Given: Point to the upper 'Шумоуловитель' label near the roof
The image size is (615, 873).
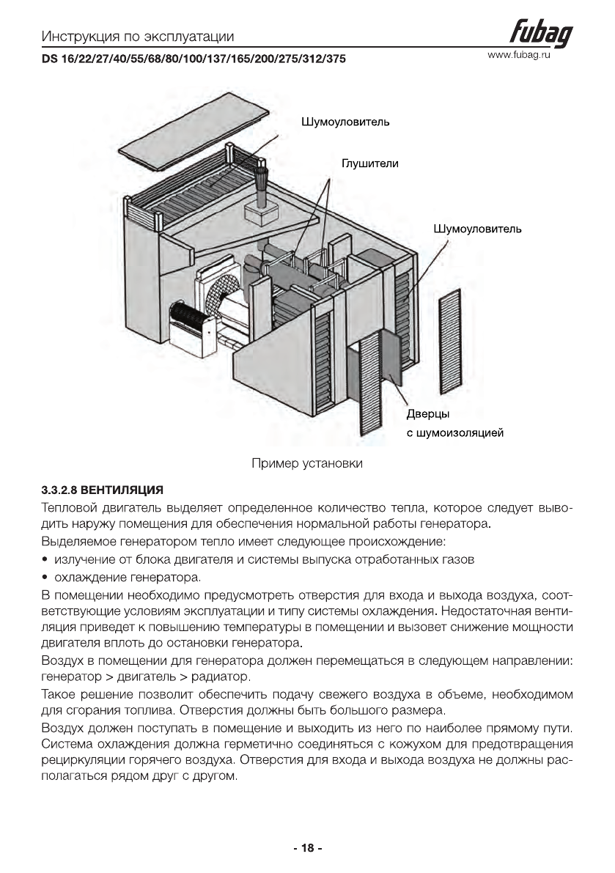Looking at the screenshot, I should [345, 122].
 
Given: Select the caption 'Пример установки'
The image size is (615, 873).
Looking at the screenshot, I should [307, 463].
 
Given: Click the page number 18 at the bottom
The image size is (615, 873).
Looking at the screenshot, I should [308, 848].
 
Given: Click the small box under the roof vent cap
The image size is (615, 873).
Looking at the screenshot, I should [260, 213].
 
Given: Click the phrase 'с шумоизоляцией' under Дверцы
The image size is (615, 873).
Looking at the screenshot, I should [454, 433].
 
